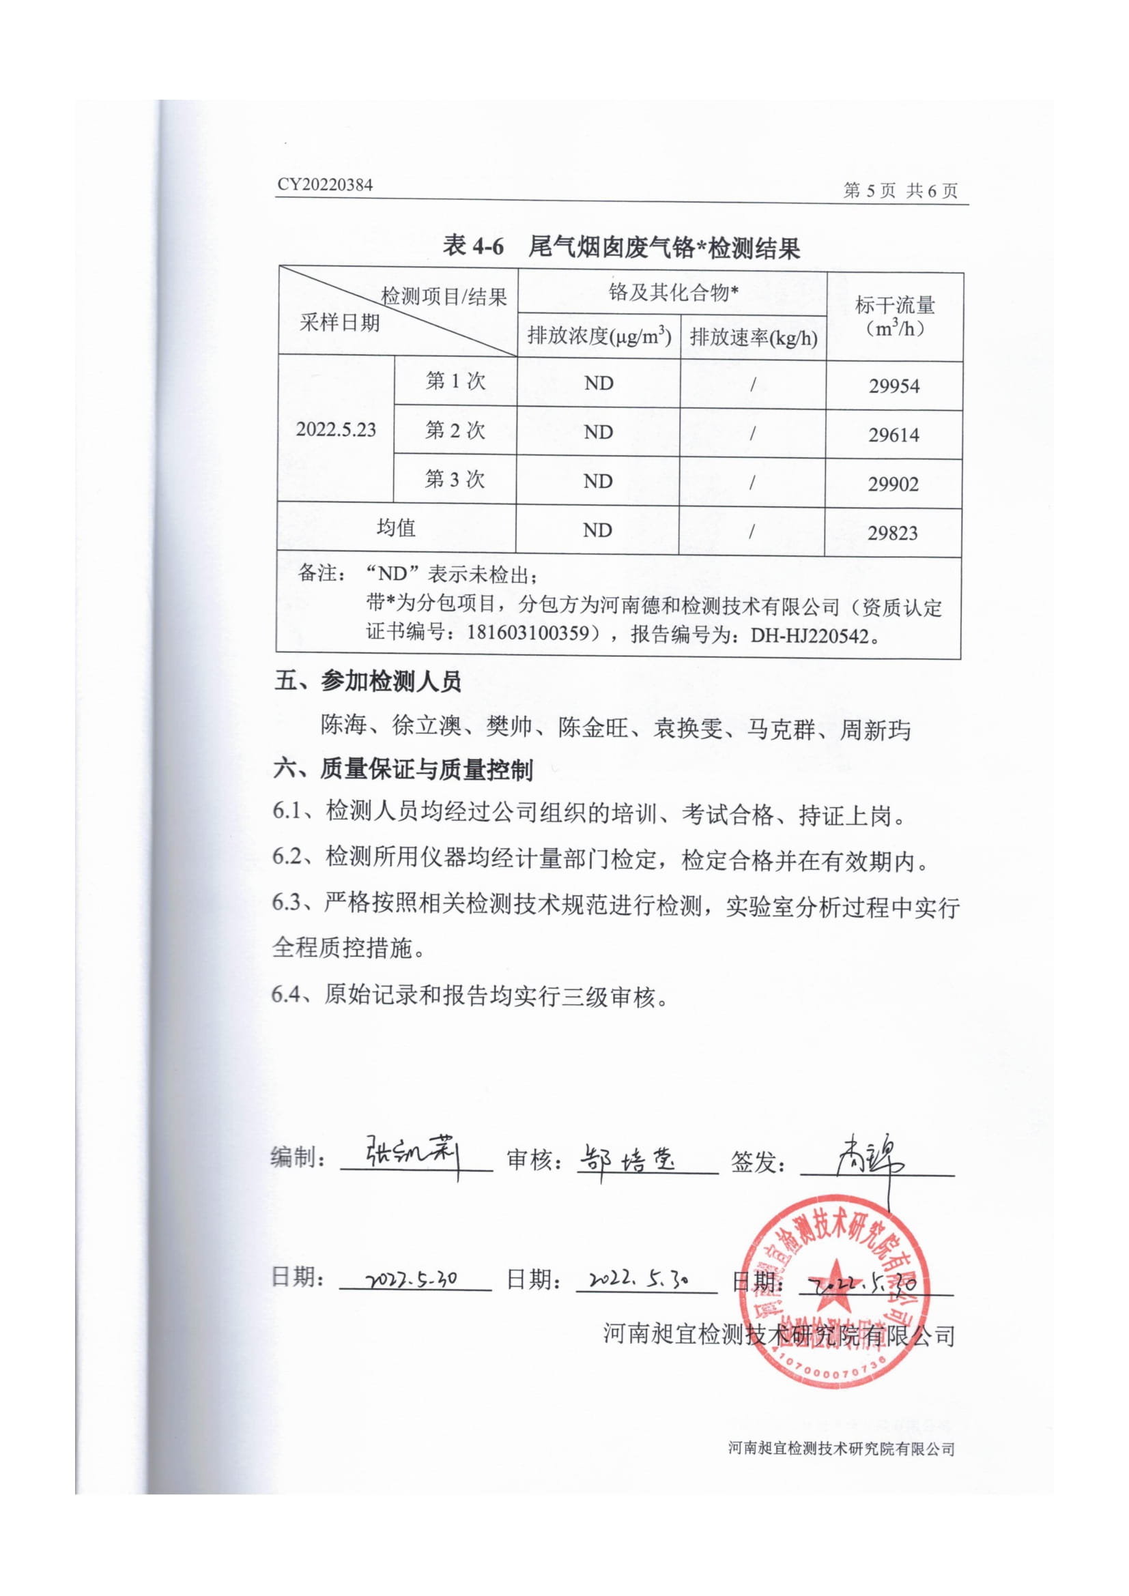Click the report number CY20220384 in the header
(x=325, y=185)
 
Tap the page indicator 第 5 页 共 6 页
(x=900, y=190)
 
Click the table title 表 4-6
(x=473, y=246)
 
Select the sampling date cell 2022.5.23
(x=336, y=430)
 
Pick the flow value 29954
(x=894, y=386)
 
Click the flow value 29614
(x=894, y=435)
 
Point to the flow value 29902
(x=893, y=484)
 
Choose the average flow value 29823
(x=893, y=533)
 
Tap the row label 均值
(x=396, y=528)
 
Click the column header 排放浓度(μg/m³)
(x=599, y=336)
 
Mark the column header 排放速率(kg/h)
(x=754, y=338)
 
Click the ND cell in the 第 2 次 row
(x=599, y=433)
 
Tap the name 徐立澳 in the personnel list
(x=427, y=726)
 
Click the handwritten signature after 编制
(x=412, y=1155)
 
